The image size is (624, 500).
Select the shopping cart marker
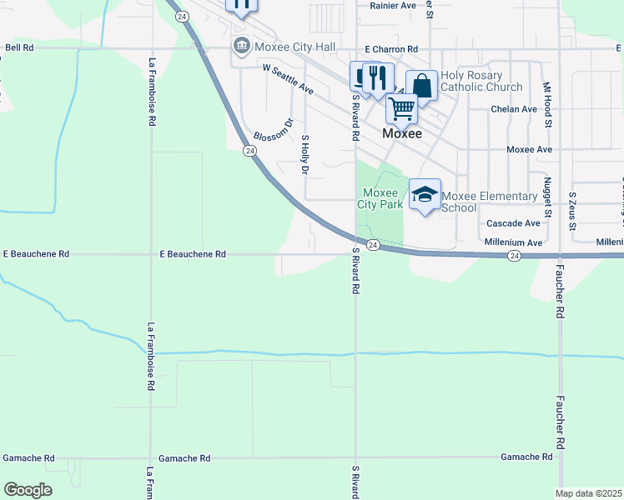tap(401, 108)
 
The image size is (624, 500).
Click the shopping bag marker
tap(422, 86)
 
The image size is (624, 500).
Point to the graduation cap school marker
tap(425, 195)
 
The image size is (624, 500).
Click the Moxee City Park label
tap(380, 197)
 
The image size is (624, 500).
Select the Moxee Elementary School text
tap(489, 202)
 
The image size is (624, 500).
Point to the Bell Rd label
tap(19, 48)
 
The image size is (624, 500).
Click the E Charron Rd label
tap(390, 49)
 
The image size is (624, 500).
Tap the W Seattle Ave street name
tap(287, 79)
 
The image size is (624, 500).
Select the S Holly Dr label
tap(305, 154)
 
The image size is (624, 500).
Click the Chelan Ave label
tap(514, 109)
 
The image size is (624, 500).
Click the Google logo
tap(28, 490)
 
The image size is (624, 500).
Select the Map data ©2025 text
tap(588, 493)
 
